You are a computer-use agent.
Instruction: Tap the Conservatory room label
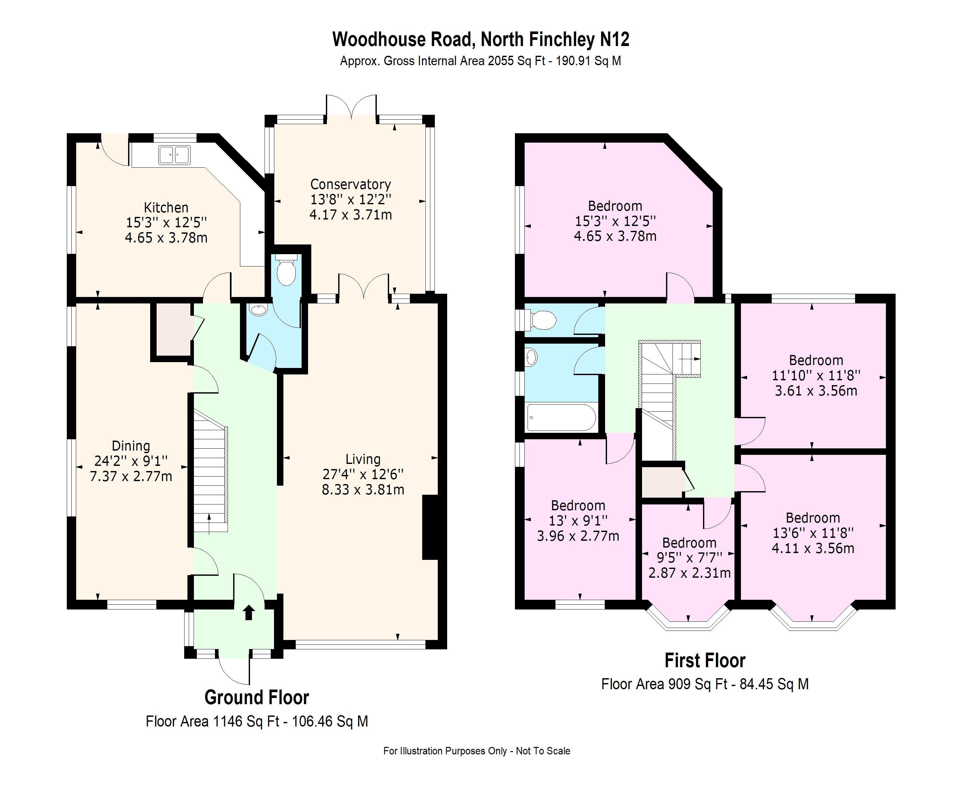pos(350,184)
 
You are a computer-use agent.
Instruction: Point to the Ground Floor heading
pos(256,697)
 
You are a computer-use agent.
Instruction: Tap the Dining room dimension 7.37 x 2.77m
pos(131,477)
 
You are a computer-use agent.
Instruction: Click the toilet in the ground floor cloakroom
pos(286,272)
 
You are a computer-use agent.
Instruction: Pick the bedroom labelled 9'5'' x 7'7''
pos(689,558)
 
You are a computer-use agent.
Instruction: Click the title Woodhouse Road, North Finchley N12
pos(481,40)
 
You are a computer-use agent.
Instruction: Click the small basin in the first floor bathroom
pos(532,357)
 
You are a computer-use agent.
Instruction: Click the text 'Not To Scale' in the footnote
pos(543,751)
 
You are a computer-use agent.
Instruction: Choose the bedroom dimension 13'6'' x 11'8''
pos(813,533)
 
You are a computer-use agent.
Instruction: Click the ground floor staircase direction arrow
pos(209,524)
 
